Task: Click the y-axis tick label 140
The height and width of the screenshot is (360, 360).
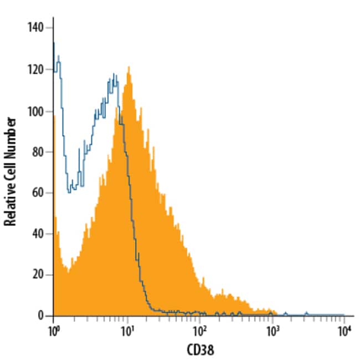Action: tap(38, 28)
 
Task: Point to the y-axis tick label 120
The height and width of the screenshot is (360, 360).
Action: tap(38, 70)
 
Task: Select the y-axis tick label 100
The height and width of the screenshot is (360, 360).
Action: tap(38, 111)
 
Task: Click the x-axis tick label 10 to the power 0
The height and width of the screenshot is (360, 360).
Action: tap(53, 329)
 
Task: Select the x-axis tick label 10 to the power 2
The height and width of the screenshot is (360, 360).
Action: tap(199, 329)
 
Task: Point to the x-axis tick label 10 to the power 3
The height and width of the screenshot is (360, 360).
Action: tap(272, 329)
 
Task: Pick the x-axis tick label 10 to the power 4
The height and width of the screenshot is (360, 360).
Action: tap(344, 329)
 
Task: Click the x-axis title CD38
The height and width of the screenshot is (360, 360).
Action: tap(198, 349)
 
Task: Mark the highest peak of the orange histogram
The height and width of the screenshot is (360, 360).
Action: tap(128, 68)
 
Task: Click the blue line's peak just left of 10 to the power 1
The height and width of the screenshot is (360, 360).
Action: tap(114, 74)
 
